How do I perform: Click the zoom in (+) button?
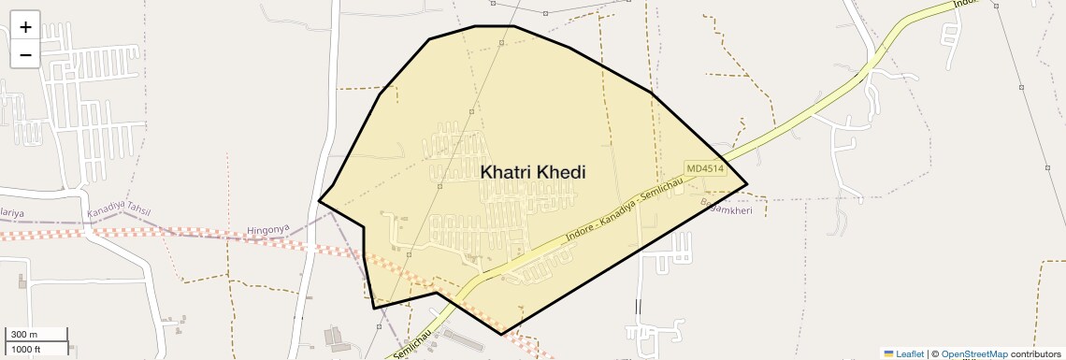(x=25, y=27)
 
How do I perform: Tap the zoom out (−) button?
(x=25, y=54)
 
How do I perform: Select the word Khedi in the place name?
(x=563, y=173)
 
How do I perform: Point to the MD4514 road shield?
(x=704, y=168)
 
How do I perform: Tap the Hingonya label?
(x=268, y=229)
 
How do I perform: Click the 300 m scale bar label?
(x=24, y=335)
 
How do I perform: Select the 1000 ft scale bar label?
(x=25, y=349)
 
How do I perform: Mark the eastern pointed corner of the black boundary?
(x=746, y=184)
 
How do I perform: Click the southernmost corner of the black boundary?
(x=501, y=334)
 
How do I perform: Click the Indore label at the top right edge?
(x=965, y=5)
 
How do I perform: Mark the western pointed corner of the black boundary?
(x=320, y=200)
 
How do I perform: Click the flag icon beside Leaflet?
(x=889, y=353)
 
